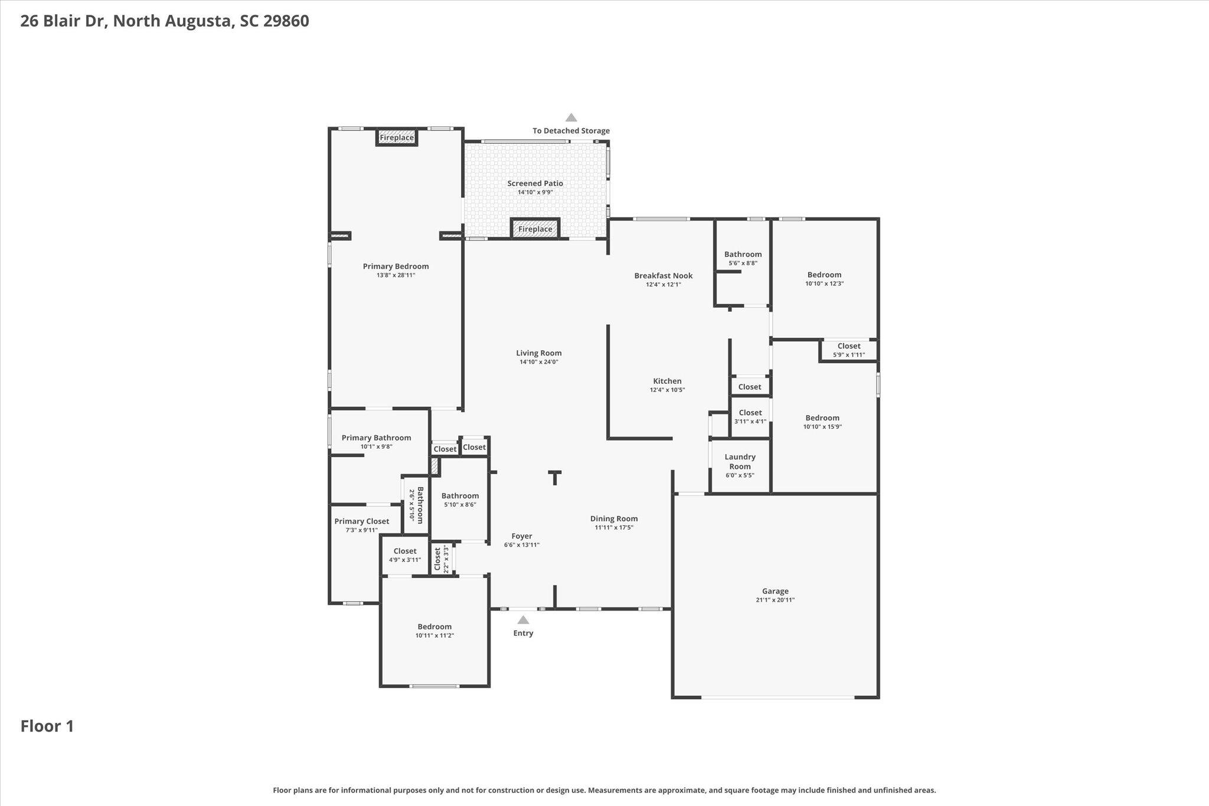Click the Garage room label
[x=775, y=591]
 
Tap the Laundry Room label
[x=740, y=461]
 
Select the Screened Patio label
[x=535, y=183]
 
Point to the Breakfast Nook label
[x=664, y=276]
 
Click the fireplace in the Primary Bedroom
[x=397, y=138]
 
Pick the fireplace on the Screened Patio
[x=535, y=229]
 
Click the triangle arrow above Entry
[x=523, y=620]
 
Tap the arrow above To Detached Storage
[x=571, y=118]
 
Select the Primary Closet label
[x=362, y=521]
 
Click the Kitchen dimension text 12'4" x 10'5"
[x=668, y=390]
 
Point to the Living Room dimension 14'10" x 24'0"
[x=539, y=362]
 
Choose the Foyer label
[x=522, y=536]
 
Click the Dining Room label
[x=614, y=518]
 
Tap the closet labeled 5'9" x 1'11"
[x=849, y=350]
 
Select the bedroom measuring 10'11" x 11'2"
[x=434, y=631]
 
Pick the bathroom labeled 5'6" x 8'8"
[x=743, y=259]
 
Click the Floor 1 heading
[x=47, y=726]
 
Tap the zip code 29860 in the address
[x=286, y=21]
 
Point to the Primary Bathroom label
[x=376, y=438]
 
